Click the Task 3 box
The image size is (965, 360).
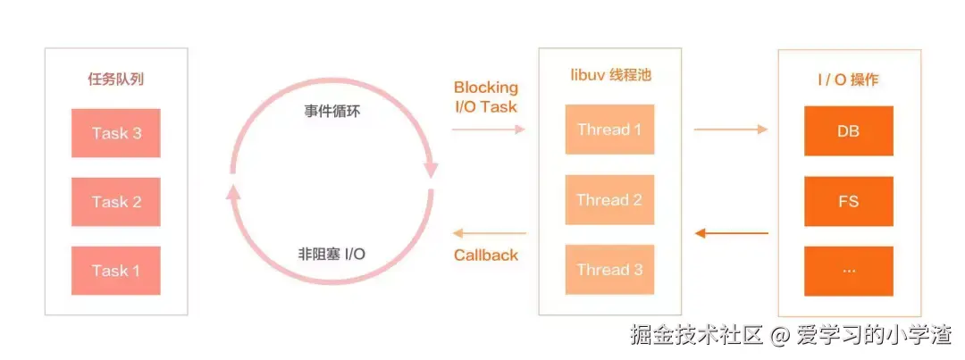pyautogui.click(x=116, y=133)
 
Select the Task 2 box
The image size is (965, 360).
pyautogui.click(x=116, y=202)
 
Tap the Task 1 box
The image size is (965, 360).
pyautogui.click(x=116, y=270)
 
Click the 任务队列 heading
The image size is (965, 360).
pyautogui.click(x=116, y=79)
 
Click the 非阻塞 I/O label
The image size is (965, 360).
pyautogui.click(x=331, y=254)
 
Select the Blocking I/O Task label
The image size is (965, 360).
pyautogui.click(x=485, y=96)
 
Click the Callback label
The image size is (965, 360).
pyautogui.click(x=485, y=255)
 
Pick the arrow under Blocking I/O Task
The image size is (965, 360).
pyautogui.click(x=488, y=130)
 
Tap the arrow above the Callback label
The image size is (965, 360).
pyautogui.click(x=488, y=234)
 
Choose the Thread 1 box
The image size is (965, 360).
pyautogui.click(x=609, y=130)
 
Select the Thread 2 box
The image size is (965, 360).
pyautogui.click(x=609, y=200)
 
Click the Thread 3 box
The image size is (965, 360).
pyautogui.click(x=609, y=270)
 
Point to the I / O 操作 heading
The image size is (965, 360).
pyautogui.click(x=848, y=79)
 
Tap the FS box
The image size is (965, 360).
pyautogui.click(x=848, y=201)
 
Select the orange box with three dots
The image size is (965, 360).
pyautogui.click(x=848, y=270)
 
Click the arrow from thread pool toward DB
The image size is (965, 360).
pyautogui.click(x=730, y=130)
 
